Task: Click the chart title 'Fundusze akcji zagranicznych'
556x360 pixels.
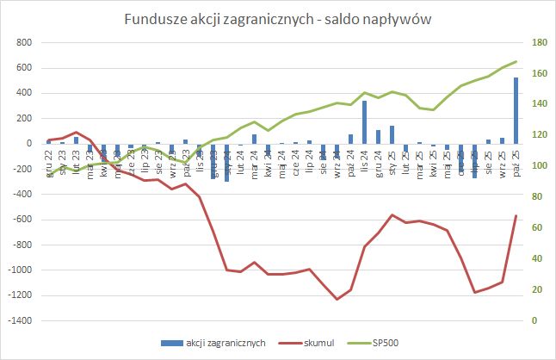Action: click(278, 20)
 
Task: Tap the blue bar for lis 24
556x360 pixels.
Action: click(365, 121)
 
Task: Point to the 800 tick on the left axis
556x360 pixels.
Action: click(23, 42)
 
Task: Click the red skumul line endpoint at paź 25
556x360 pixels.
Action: click(516, 215)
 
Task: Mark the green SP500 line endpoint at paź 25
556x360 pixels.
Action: click(516, 61)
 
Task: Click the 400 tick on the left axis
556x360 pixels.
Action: click(23, 93)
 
